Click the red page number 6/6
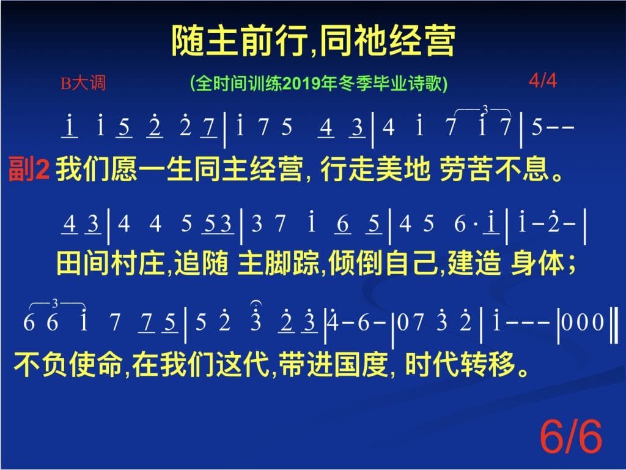pyautogui.click(x=570, y=437)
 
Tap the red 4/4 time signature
pyautogui.click(x=543, y=80)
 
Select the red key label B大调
pyautogui.click(x=83, y=83)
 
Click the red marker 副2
pyautogui.click(x=29, y=169)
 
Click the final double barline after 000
pyautogui.click(x=614, y=324)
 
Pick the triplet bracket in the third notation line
pyautogui.click(x=56, y=305)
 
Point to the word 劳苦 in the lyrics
pyautogui.click(x=466, y=169)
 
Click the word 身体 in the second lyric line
pyautogui.click(x=537, y=263)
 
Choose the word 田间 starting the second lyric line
pyautogui.click(x=83, y=263)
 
